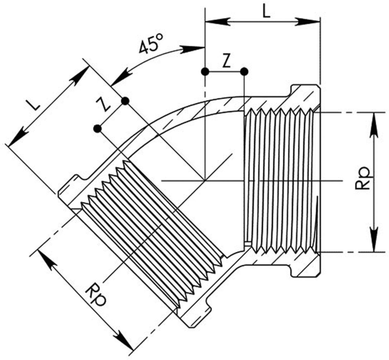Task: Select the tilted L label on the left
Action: [34, 105]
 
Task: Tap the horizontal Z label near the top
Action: [227, 63]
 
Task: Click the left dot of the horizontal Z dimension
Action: [205, 72]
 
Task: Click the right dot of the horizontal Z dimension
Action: [244, 72]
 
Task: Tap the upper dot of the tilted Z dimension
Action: [125, 101]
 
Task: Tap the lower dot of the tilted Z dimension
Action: [97, 129]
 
